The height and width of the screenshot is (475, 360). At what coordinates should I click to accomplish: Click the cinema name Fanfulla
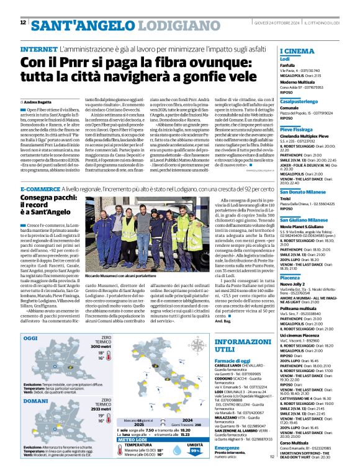287,64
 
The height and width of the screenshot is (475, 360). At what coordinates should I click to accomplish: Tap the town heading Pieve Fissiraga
300,130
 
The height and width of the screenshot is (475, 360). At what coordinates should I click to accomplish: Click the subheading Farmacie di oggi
232,360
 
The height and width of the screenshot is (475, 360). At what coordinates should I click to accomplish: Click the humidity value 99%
194,450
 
